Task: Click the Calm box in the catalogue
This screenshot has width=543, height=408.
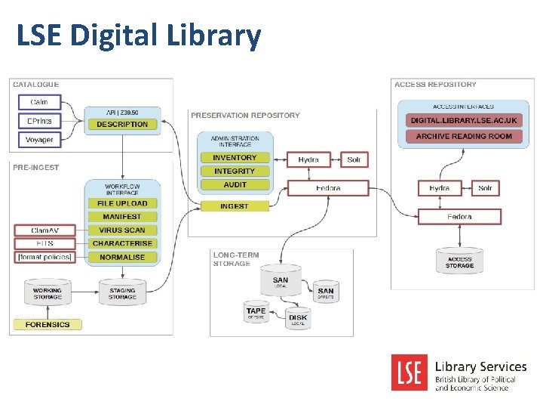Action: click(x=38, y=102)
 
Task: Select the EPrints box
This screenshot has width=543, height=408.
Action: click(x=38, y=121)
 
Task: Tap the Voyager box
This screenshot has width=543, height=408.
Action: click(x=38, y=140)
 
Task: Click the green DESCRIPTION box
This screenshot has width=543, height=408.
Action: click(x=122, y=125)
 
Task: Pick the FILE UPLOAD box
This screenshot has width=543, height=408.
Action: click(x=122, y=203)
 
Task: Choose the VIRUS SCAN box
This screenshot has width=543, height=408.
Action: click(x=122, y=230)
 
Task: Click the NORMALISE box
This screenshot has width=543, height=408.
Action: click(x=122, y=258)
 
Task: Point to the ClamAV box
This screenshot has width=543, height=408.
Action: click(x=45, y=230)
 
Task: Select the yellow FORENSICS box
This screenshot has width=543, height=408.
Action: click(x=47, y=325)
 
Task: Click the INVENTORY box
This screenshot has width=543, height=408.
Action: click(x=235, y=158)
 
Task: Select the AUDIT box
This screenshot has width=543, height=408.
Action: click(x=235, y=185)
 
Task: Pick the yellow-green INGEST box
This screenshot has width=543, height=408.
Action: click(x=235, y=206)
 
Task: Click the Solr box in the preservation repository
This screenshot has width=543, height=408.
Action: click(x=354, y=159)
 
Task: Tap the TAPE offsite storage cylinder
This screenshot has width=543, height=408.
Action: click(x=256, y=312)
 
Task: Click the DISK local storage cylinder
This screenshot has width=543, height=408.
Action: click(x=298, y=319)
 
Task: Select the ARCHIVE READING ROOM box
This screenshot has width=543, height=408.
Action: click(x=463, y=137)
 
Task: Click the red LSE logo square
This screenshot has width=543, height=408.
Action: click(x=410, y=372)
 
